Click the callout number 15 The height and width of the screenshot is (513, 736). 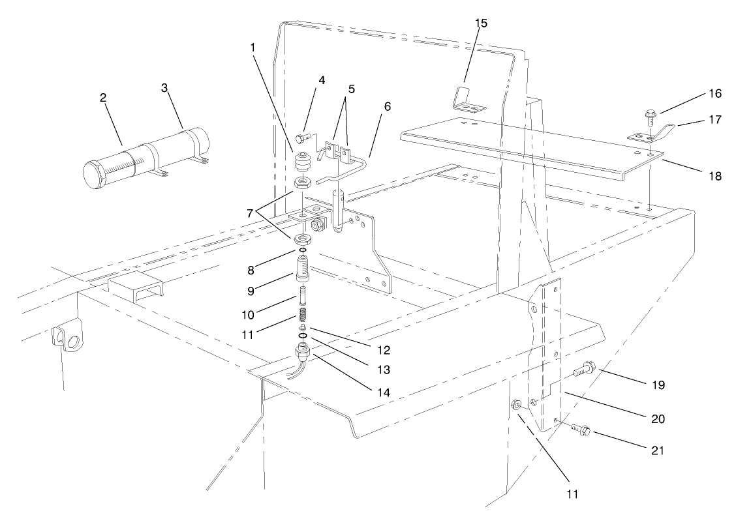click(481, 23)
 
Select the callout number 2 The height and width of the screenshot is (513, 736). click(103, 97)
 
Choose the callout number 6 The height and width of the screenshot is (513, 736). click(387, 107)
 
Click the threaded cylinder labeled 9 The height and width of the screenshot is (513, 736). click(302, 269)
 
